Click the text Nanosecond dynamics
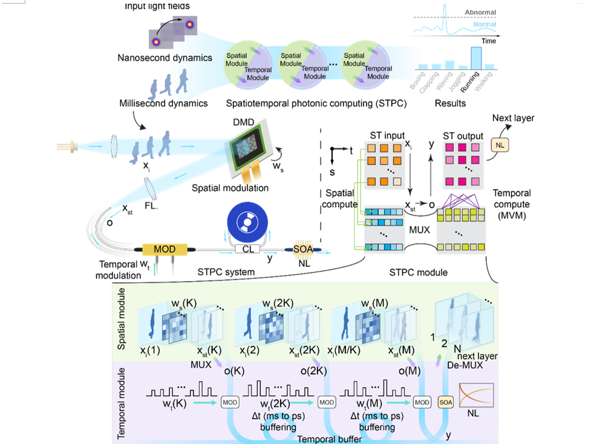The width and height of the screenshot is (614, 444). (165, 58)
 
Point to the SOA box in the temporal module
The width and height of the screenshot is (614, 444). (445, 401)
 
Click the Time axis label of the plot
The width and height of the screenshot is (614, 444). (488, 41)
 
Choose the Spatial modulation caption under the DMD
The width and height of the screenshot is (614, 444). (230, 188)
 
